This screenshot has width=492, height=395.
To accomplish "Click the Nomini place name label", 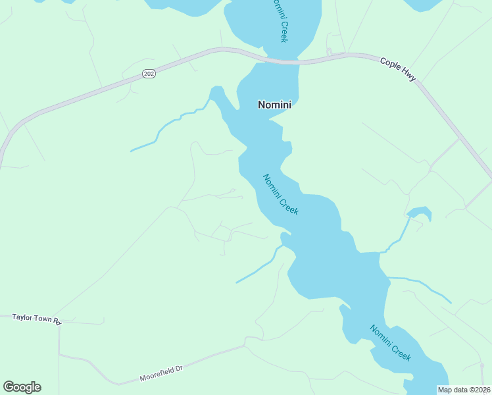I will coord(274,104).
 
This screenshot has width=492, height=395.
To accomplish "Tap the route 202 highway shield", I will coord(149,74).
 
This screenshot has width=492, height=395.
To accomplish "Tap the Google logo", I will coord(22,387).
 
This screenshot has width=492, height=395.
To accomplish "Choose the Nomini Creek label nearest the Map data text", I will coord(390,342).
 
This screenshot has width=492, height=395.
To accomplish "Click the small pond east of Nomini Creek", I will coord(420,213).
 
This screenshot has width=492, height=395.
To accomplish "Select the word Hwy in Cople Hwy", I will coord(408,74).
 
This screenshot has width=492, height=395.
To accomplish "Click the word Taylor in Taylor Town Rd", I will coord(23,317).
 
